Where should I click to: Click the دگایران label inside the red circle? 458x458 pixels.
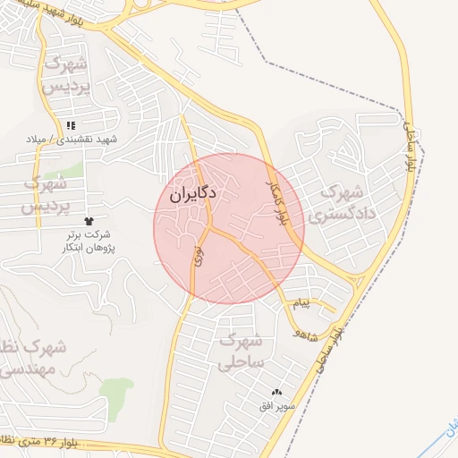pyautogui.click(x=192, y=193)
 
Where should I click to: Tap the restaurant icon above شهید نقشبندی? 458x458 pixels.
pyautogui.click(x=71, y=125)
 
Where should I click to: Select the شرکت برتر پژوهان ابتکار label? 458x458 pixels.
pyautogui.click(x=89, y=240)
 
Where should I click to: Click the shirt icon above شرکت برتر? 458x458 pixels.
pyautogui.click(x=89, y=220)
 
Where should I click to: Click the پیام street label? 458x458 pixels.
pyautogui.click(x=301, y=303)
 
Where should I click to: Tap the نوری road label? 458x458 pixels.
pyautogui.click(x=198, y=255)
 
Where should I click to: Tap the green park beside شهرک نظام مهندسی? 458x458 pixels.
pyautogui.click(x=115, y=394)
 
